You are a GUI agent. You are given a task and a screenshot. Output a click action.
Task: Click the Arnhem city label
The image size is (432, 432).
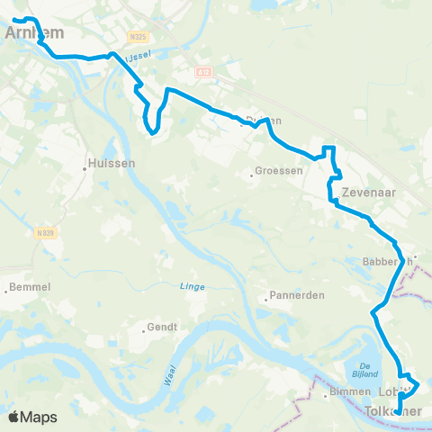(24, 33)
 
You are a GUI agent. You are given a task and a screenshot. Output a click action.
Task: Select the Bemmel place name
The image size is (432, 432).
(30, 288)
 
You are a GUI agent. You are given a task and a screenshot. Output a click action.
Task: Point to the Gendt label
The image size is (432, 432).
(161, 328)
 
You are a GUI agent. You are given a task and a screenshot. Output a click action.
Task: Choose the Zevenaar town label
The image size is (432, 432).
(370, 193)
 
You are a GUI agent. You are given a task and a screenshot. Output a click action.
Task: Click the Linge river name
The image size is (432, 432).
(193, 286)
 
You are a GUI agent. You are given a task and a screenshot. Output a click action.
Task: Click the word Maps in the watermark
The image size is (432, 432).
(39, 418)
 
